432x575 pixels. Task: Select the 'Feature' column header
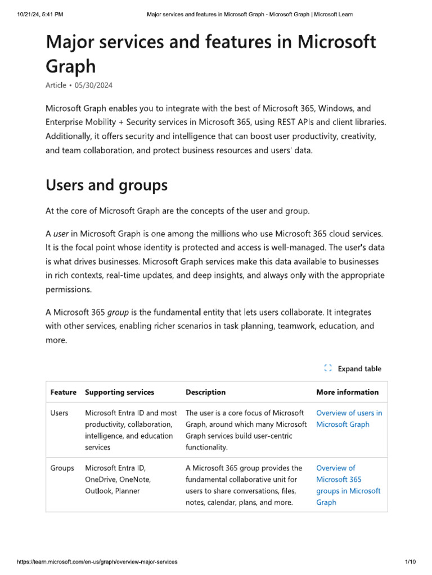64,392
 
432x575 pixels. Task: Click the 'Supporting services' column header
119,392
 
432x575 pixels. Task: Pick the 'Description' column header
205,392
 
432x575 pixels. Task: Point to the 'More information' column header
347,392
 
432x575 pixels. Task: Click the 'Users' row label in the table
59,413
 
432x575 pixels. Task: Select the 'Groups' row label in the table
62,468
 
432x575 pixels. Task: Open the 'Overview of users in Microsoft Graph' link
349,419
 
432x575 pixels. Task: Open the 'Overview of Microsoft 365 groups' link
348,485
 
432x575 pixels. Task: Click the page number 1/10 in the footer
409,562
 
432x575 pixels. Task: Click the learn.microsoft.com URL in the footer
97,562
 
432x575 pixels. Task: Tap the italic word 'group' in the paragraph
116,312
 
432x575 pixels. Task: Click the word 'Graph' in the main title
70,66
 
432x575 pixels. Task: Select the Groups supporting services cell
118,480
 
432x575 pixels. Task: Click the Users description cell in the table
246,430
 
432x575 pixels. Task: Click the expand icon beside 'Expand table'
328,369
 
